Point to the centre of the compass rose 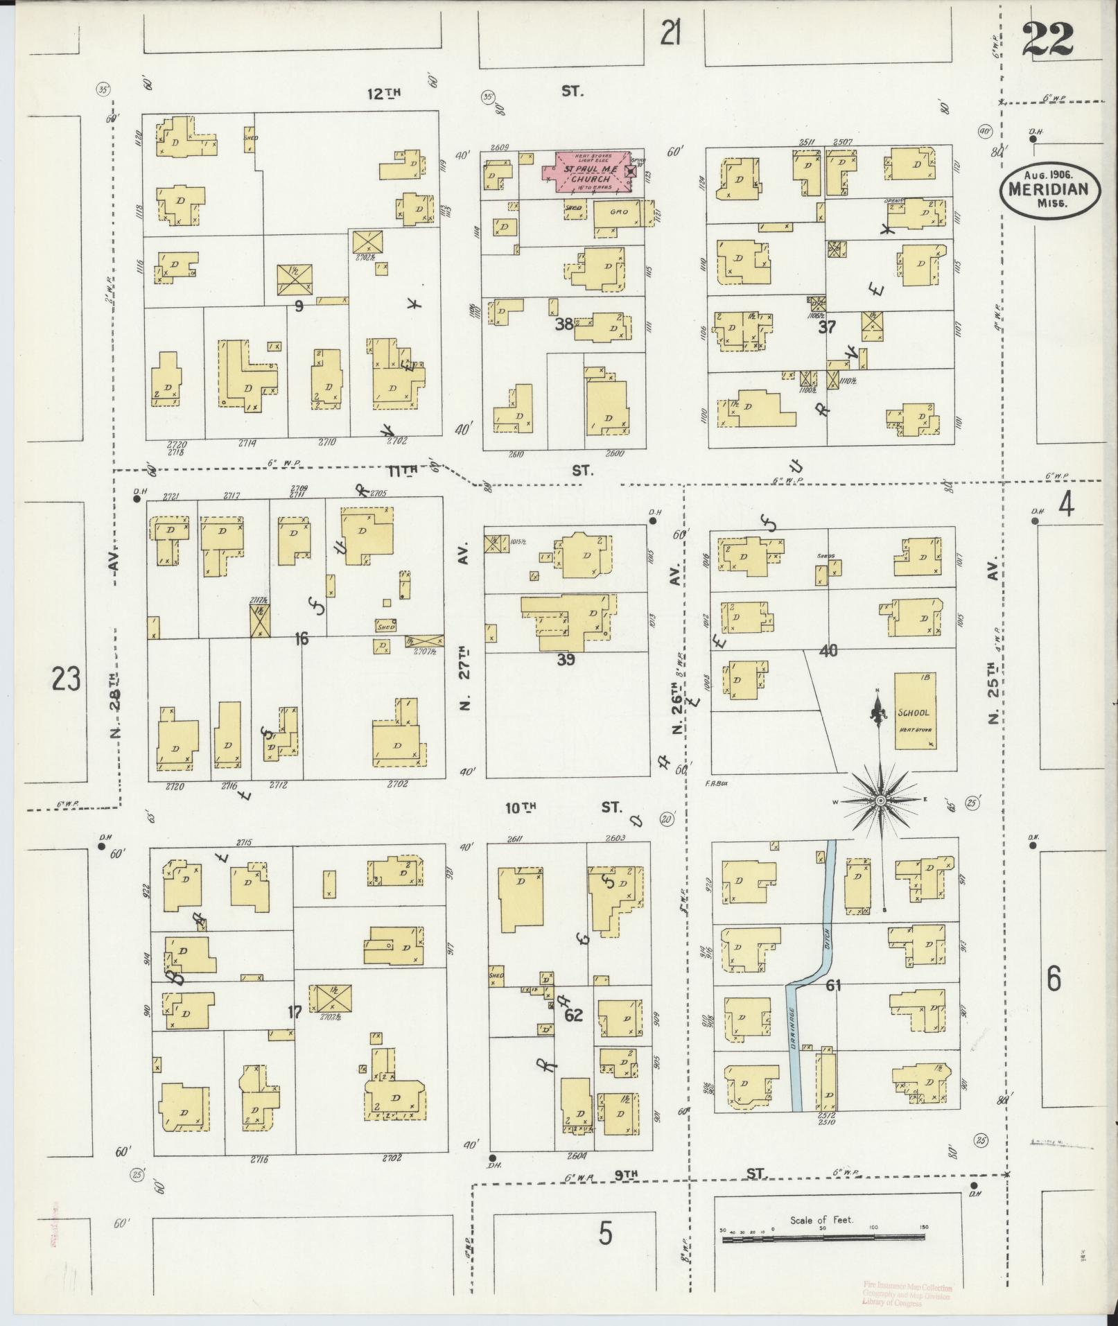click(880, 801)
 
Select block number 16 click(300, 639)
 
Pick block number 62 click(573, 1015)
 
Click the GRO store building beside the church click(618, 213)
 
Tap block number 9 click(299, 305)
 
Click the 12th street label click(384, 92)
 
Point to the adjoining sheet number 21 click(670, 33)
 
